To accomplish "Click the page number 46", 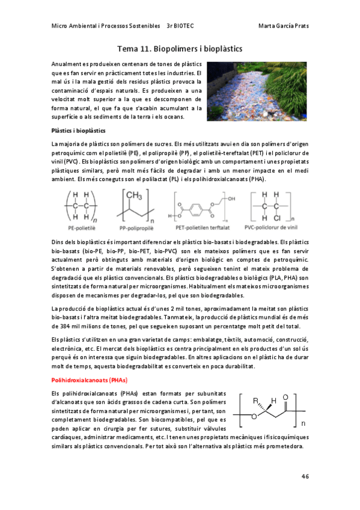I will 305,476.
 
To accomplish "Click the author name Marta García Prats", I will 282,26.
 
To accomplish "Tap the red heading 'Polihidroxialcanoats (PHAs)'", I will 90,380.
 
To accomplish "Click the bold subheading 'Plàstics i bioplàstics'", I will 78,130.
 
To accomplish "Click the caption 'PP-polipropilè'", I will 138,229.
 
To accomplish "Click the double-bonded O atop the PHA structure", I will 285,398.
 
